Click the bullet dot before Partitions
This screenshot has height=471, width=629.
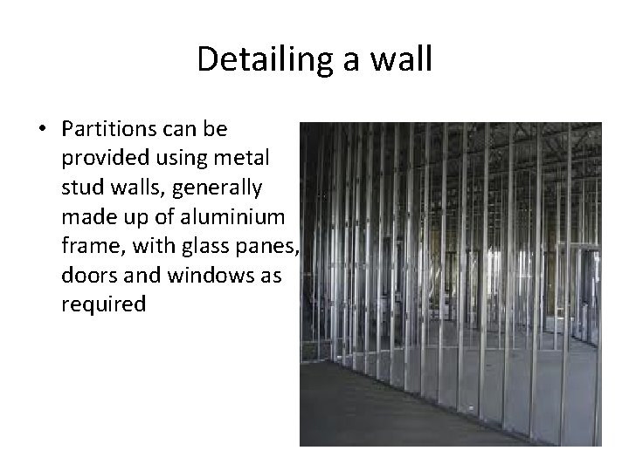(42, 130)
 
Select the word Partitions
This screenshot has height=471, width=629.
(107, 129)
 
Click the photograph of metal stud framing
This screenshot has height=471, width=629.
(451, 283)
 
